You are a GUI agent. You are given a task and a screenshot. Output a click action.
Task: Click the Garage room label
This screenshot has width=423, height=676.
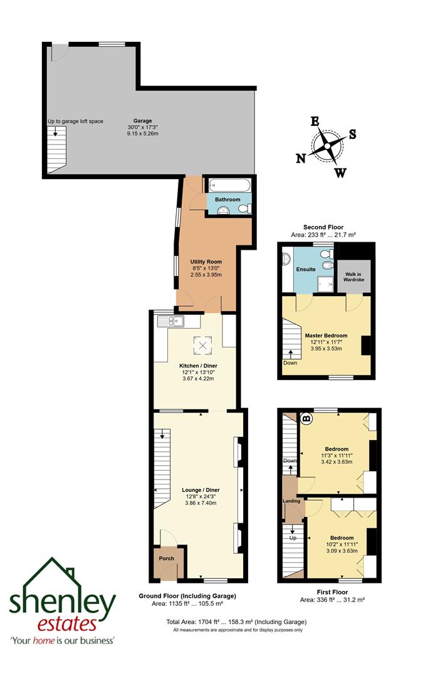point(142,121)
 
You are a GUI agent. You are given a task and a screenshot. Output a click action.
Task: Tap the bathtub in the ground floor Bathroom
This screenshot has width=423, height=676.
point(229,186)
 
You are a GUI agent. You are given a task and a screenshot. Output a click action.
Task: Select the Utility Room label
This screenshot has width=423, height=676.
point(206,262)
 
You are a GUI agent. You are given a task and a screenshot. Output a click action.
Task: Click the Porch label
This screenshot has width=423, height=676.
point(167,558)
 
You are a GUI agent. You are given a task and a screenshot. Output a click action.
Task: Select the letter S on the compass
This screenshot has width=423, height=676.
point(353,133)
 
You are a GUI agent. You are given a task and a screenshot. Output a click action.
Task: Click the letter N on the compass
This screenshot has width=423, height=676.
point(301,159)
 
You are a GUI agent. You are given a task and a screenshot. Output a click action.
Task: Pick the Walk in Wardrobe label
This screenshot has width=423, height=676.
point(354,277)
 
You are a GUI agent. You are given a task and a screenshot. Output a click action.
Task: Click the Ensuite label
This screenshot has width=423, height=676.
point(306,269)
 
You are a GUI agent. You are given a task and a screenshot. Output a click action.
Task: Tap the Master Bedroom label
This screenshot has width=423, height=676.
point(326,335)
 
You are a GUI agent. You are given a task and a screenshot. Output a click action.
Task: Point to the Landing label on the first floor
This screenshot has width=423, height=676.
point(291,501)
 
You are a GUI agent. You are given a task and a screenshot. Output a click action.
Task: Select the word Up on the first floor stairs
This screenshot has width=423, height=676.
point(292,537)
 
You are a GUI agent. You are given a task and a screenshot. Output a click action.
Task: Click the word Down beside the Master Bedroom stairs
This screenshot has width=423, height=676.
point(290,362)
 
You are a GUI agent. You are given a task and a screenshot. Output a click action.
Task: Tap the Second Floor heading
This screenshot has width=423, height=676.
point(323,227)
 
